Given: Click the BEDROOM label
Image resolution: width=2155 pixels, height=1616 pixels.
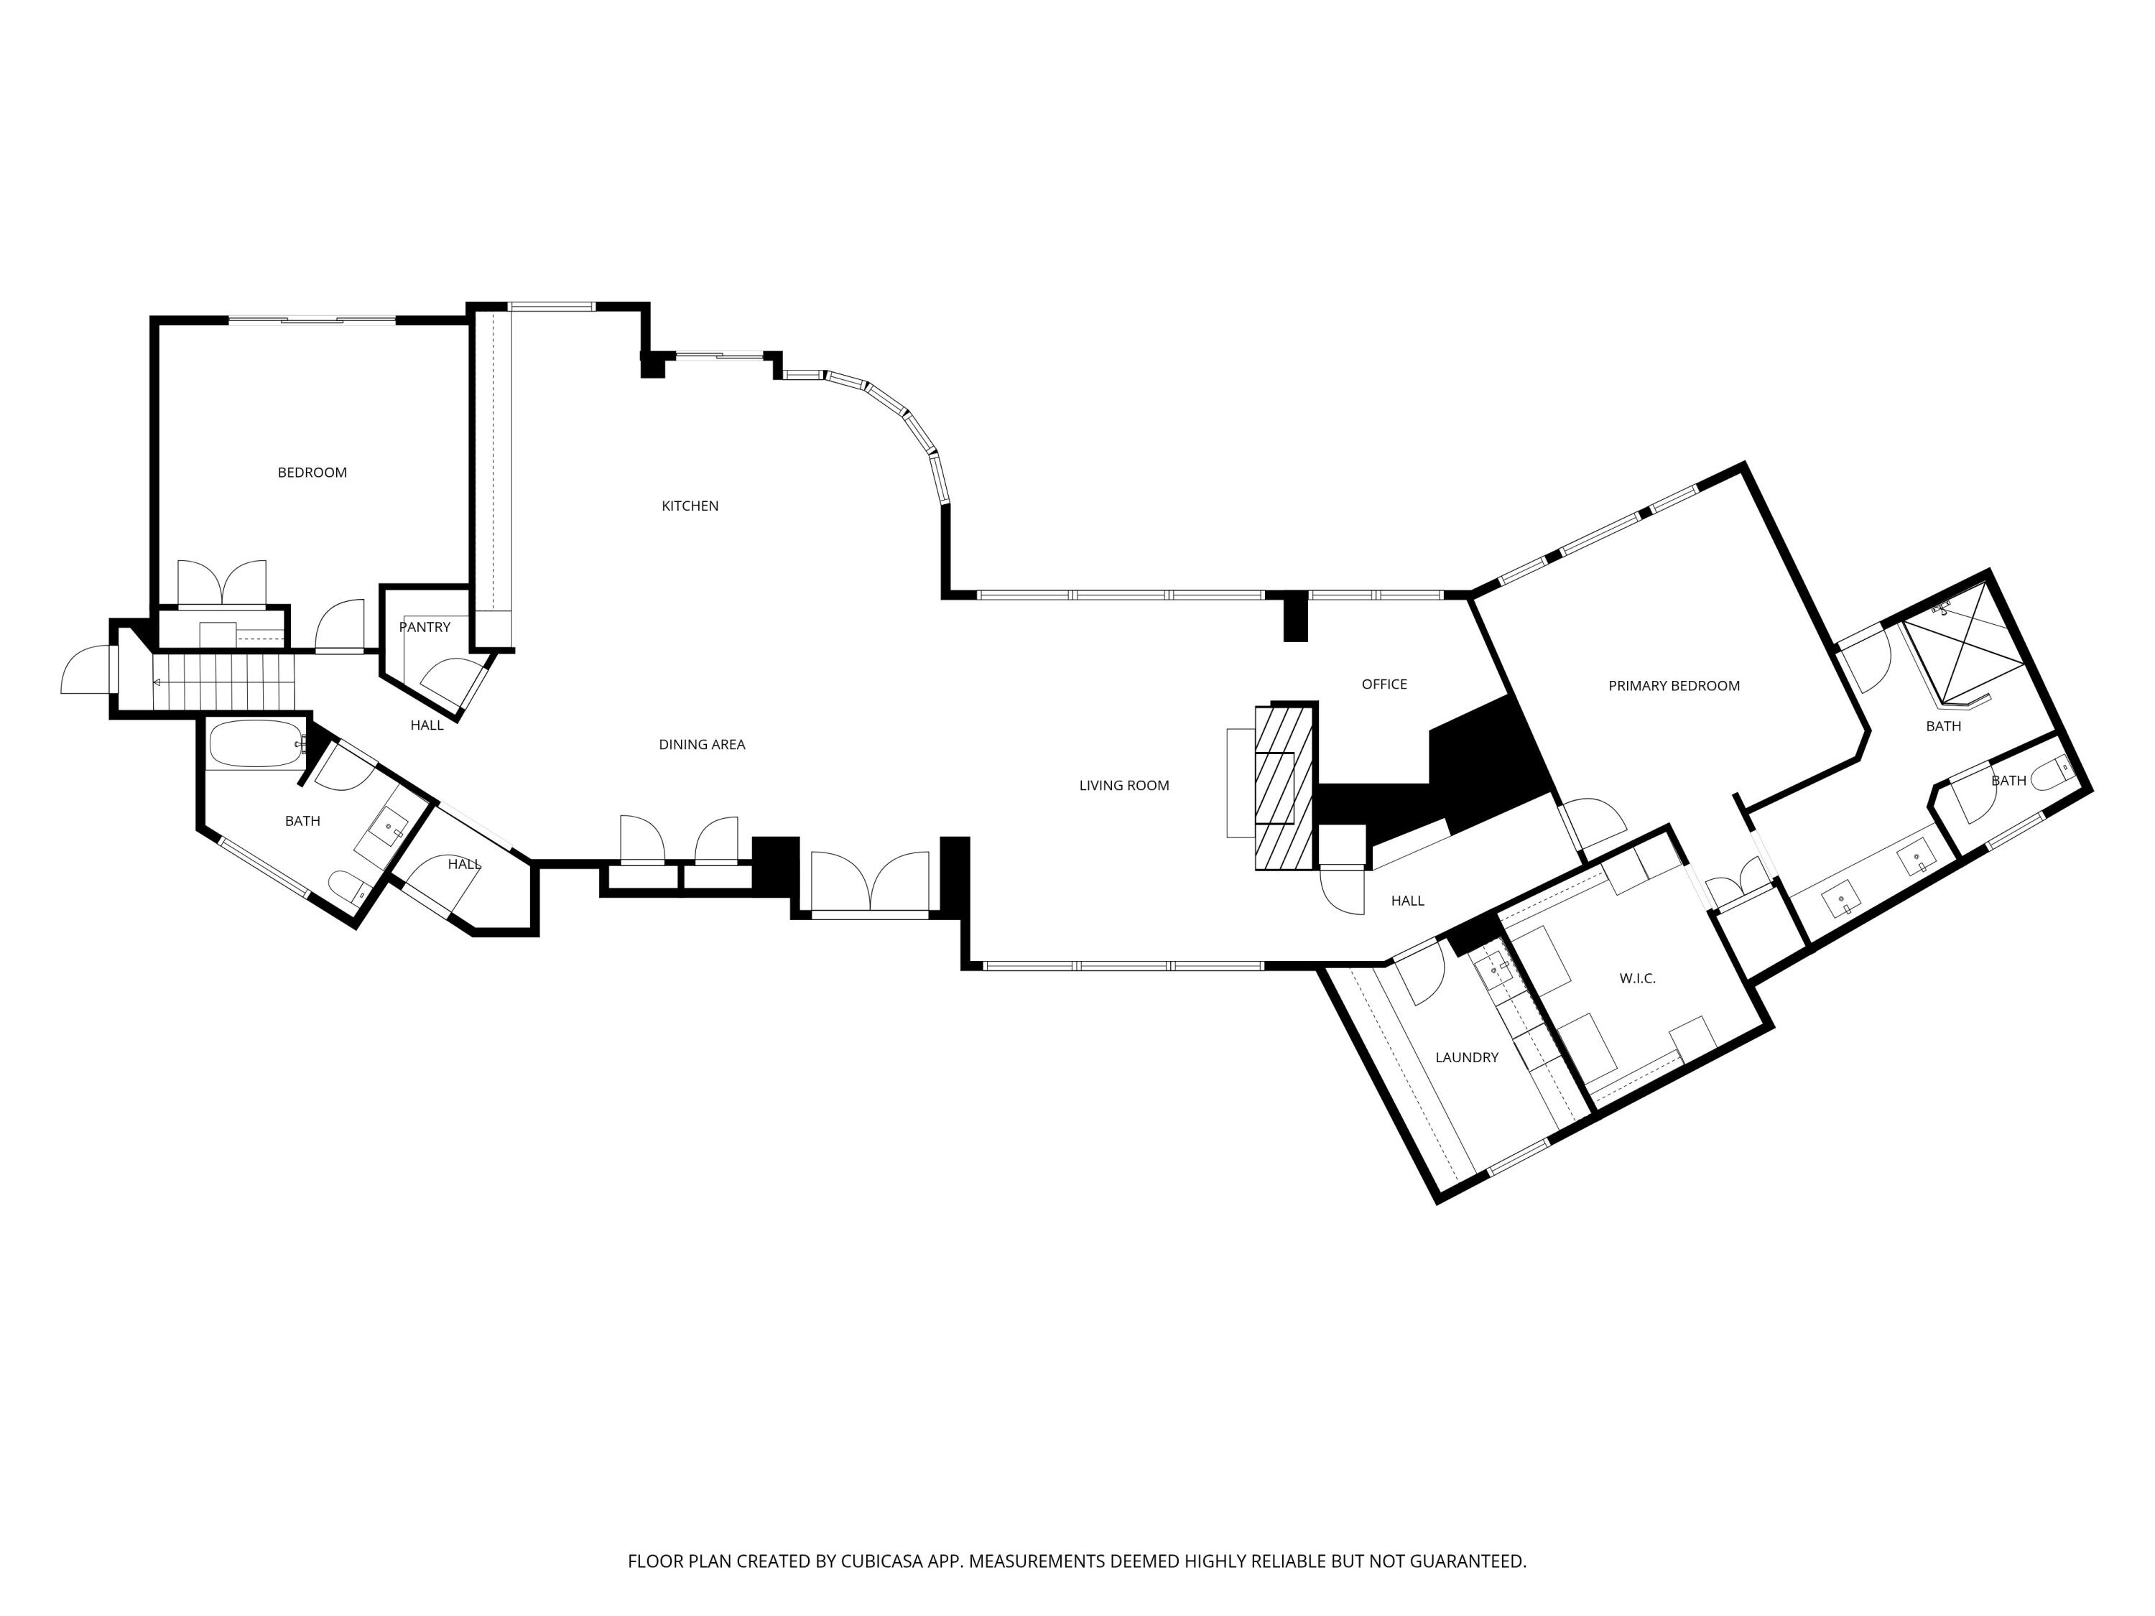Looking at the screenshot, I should point(312,473).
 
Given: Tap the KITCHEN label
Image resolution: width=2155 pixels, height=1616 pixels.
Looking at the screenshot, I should point(690,506).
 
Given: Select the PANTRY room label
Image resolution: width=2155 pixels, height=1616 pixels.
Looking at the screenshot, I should point(425,627).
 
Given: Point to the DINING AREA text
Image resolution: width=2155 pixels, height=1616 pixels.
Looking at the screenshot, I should point(701,744).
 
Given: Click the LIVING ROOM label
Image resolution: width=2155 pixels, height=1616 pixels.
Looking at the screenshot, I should point(1123,785).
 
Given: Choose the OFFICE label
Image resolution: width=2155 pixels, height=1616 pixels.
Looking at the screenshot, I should point(1384,684).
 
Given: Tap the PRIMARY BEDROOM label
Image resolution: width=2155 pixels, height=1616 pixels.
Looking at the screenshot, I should point(1673,686).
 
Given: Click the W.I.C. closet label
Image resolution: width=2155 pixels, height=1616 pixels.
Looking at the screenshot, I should point(1636,978).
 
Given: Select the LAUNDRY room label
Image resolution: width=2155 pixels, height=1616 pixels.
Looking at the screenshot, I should point(1466,1057).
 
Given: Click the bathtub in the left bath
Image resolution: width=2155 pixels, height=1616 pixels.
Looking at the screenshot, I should point(255,744).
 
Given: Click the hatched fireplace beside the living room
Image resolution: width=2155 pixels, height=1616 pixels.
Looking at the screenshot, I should point(1284,787).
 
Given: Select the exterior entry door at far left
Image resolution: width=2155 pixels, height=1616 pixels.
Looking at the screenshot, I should point(85,670).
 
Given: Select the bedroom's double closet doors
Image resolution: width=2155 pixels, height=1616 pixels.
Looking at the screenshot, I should point(221,585).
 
